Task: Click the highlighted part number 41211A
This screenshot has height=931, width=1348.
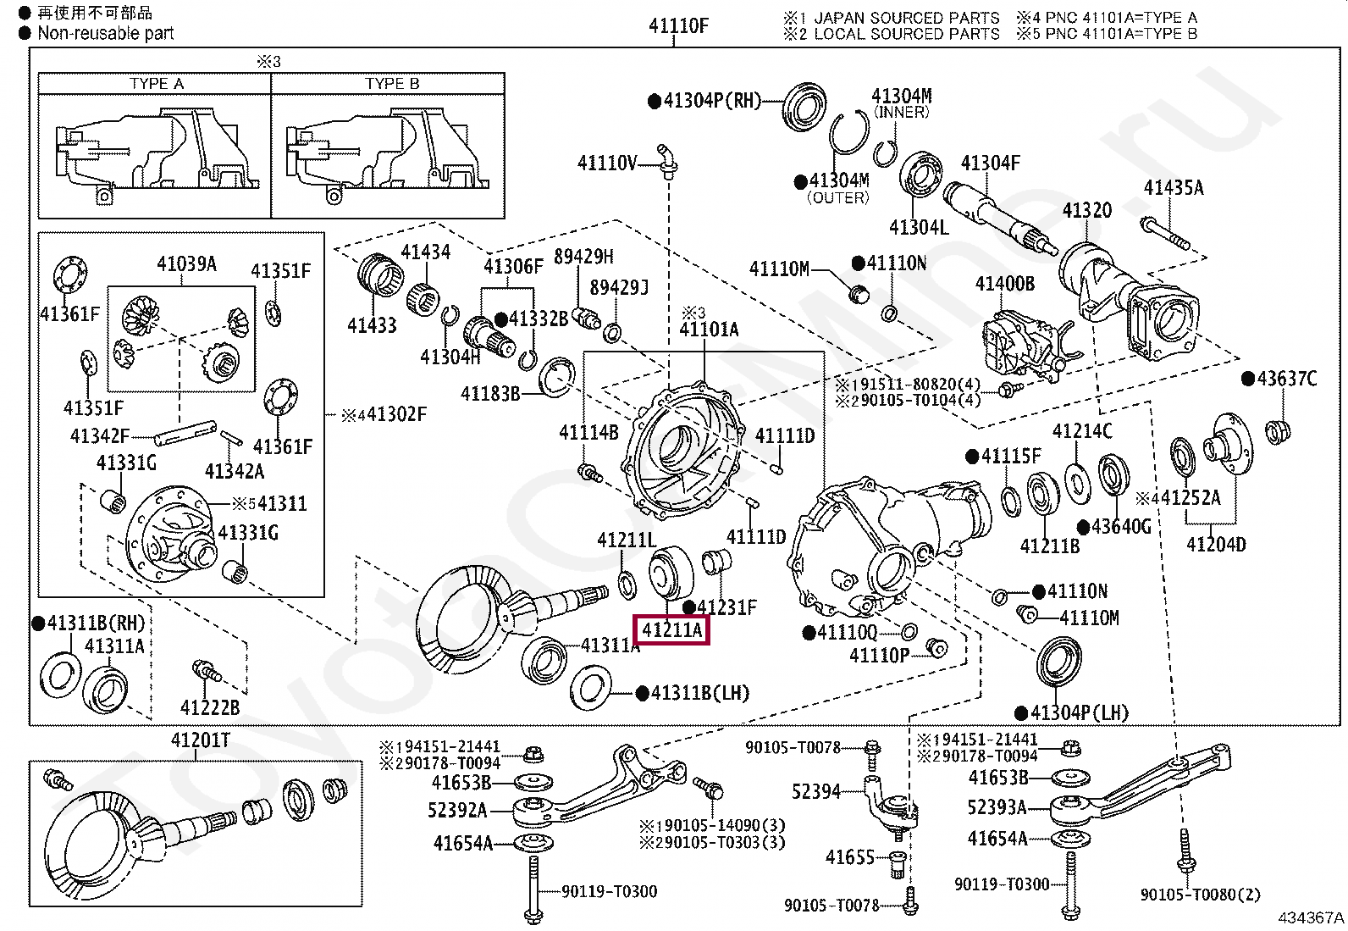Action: click(x=671, y=630)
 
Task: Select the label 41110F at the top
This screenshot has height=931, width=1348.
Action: click(x=678, y=26)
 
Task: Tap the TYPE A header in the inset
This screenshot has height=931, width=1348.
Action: click(x=157, y=84)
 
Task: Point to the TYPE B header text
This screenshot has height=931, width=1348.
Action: click(x=392, y=84)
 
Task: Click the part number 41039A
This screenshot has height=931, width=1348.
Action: click(x=186, y=264)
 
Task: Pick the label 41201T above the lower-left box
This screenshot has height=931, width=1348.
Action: click(x=201, y=740)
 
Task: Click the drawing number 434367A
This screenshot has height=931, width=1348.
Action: click(x=1311, y=917)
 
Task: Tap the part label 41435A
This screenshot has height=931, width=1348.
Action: click(x=1174, y=188)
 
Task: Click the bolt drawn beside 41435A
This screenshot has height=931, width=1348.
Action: click(x=1165, y=234)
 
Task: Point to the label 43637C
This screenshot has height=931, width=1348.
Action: click(x=1286, y=379)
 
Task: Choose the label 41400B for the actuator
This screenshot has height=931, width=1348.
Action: click(x=1005, y=284)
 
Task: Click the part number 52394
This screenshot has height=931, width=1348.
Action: click(x=816, y=791)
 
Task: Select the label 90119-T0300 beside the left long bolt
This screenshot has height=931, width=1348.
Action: click(x=610, y=891)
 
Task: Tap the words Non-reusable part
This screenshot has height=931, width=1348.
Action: click(x=105, y=34)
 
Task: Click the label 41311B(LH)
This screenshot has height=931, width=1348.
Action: click(x=699, y=693)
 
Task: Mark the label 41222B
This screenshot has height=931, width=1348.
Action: click(x=209, y=707)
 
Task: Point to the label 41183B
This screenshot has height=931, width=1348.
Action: click(x=490, y=394)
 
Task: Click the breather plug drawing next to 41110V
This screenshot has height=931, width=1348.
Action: click(x=667, y=161)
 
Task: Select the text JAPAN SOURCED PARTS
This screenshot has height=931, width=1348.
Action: click(x=906, y=18)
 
